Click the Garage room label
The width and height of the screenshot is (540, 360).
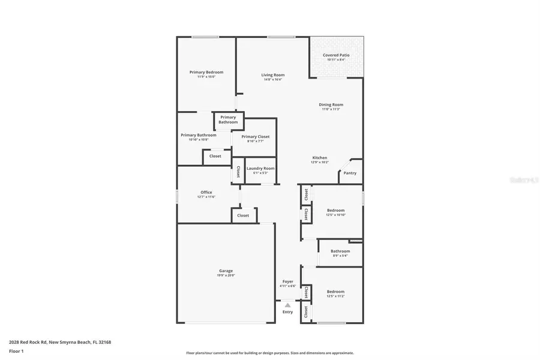click(x=226, y=271)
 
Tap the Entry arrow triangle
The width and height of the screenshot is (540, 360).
click(x=287, y=305)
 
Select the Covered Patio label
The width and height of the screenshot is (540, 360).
click(x=336, y=55)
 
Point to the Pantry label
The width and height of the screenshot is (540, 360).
click(x=350, y=173)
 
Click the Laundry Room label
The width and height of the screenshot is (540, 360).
click(x=260, y=168)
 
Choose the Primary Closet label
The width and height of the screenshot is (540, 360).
click(x=256, y=137)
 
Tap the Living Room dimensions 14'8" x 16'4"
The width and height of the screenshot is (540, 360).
click(x=273, y=80)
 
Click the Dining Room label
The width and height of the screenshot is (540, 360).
click(x=331, y=105)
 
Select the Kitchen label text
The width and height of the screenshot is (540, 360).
click(x=319, y=158)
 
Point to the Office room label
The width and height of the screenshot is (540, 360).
click(x=206, y=192)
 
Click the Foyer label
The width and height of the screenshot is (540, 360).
click(x=288, y=281)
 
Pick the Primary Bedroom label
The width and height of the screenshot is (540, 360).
click(x=206, y=72)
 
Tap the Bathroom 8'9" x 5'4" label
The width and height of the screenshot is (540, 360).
click(x=340, y=251)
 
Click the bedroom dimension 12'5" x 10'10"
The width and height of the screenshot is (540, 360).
click(x=336, y=215)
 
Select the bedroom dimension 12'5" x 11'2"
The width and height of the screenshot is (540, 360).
click(x=336, y=296)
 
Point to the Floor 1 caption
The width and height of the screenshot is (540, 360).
click(x=16, y=350)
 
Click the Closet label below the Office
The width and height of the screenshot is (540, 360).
click(x=243, y=215)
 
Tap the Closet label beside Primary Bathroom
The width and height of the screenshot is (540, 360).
click(x=215, y=156)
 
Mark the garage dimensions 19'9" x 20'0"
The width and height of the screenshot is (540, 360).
click(x=226, y=275)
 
